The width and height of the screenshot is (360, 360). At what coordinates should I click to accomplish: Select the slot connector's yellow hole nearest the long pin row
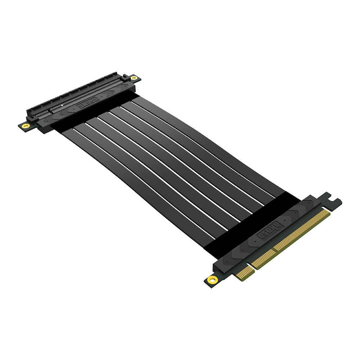(134, 78)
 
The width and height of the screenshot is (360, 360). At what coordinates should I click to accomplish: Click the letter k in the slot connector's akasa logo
(82, 106)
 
